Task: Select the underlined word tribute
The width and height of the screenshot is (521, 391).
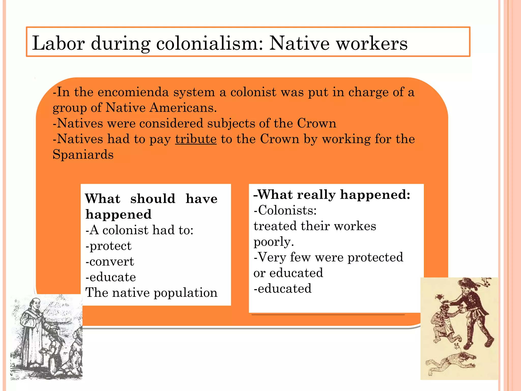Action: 196,139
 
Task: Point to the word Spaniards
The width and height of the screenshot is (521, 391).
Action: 83,155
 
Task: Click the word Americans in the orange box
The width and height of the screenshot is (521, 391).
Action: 183,108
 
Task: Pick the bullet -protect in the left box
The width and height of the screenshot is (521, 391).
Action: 109,246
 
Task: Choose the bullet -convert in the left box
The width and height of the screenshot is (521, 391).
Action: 110,262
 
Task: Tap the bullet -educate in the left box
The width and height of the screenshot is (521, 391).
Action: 111,277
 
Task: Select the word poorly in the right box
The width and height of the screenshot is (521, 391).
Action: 273,242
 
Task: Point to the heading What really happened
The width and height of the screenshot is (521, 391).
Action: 332,195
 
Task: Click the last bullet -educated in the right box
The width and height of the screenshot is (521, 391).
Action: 283,289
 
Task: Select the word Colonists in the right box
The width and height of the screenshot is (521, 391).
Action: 285,211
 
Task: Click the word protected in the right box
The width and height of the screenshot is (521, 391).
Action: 375,257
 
